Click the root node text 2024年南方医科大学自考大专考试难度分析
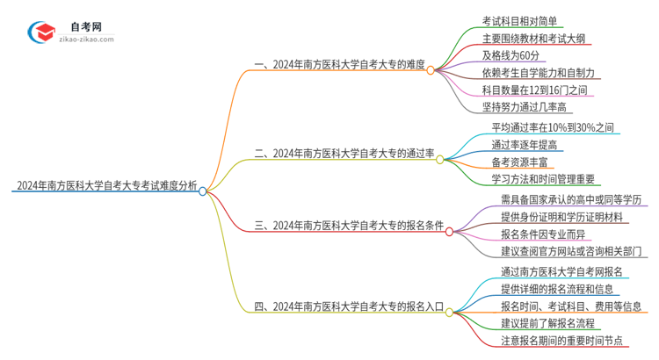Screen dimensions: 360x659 click(x=105, y=187)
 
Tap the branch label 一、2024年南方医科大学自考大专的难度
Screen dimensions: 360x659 click(x=339, y=63)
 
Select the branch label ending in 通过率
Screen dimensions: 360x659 click(x=344, y=153)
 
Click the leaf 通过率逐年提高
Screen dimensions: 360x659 click(x=525, y=145)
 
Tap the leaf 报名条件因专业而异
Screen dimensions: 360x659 click(x=540, y=234)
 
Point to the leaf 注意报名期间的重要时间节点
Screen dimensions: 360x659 click(x=561, y=340)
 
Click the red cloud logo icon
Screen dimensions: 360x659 click(x=40, y=32)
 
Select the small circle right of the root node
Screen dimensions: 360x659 click(x=203, y=191)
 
